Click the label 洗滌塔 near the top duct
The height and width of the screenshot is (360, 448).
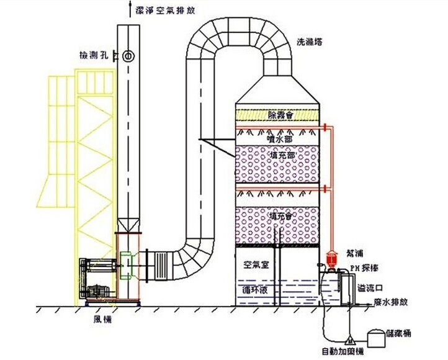(x=310, y=42)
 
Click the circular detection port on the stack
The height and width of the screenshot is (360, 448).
(x=127, y=56)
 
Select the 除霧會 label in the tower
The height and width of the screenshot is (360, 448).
(x=280, y=115)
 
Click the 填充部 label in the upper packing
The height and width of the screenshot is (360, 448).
(x=283, y=155)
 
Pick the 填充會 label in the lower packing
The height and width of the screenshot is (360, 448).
(x=282, y=216)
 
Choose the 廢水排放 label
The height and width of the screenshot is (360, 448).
(x=392, y=303)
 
